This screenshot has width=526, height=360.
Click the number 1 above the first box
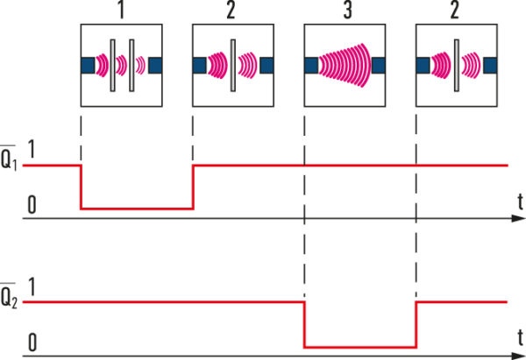click(121, 10)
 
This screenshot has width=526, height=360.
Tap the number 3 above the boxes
click(347, 10)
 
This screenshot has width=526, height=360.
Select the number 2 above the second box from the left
click(231, 10)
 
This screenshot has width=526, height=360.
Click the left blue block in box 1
click(88, 66)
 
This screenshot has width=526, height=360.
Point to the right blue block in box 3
click(379, 66)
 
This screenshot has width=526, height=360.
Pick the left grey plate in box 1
click(113, 66)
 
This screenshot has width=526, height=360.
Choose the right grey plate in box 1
click(131, 66)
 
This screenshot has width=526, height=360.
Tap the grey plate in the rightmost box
click(457, 66)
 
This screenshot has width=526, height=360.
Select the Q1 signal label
click(9, 158)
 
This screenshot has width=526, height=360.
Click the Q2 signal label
click(9, 296)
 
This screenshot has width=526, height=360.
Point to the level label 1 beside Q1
click(32, 149)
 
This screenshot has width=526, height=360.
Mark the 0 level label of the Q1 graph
click(32, 205)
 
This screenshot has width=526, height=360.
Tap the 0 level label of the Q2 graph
click(32, 342)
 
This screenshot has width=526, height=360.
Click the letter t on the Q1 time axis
click(520, 201)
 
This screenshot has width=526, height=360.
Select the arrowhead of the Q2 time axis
click(518, 356)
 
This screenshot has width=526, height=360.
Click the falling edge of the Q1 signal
click(81, 187)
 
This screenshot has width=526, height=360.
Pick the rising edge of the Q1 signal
click(193, 187)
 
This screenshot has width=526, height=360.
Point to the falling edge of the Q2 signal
click(304, 325)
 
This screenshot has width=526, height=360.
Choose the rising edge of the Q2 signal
click(416, 325)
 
